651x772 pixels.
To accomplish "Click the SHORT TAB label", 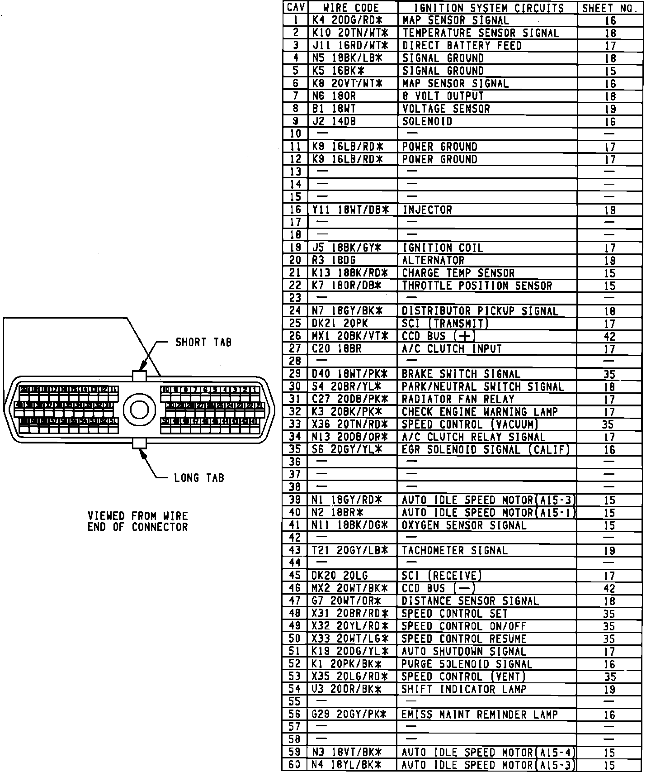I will [203, 343].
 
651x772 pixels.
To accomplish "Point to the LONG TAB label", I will [199, 478].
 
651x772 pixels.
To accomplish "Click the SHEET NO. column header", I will [610, 8].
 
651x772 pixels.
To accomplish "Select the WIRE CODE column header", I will [351, 8].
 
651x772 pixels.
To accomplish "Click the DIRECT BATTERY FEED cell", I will [462, 46].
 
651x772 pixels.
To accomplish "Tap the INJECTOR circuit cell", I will [427, 210].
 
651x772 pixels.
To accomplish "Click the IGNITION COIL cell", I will [443, 248].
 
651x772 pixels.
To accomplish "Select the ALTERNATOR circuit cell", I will [433, 261].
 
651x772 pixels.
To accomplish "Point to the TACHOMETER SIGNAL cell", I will [454, 551].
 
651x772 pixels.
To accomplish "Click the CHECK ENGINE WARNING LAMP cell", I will [480, 412].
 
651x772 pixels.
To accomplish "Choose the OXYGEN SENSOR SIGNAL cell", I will [464, 525].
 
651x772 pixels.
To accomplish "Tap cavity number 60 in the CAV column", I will [295, 765].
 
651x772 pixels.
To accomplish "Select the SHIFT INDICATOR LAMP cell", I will [464, 689].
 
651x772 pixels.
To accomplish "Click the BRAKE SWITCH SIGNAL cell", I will [461, 374].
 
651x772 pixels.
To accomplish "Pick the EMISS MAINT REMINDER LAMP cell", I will [479, 715].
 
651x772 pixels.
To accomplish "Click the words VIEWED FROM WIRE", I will [137, 516].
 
